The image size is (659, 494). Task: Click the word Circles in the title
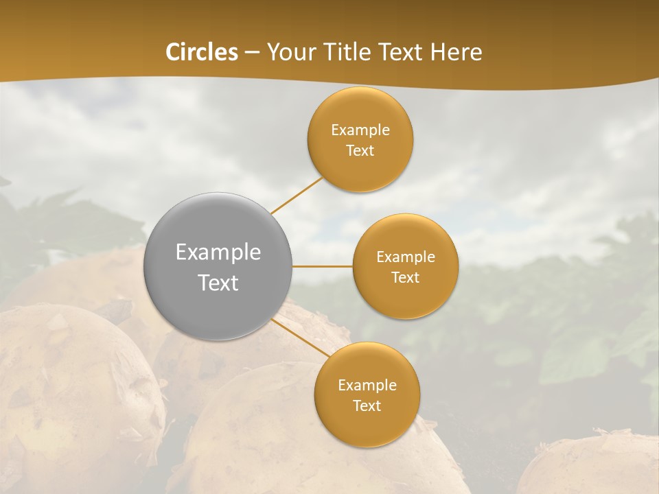202,52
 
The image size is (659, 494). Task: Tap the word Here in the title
456,52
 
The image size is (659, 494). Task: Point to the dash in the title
252,53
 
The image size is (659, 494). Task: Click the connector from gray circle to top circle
297,195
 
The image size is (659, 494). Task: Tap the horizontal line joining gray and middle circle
323,266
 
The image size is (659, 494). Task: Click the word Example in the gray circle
218,252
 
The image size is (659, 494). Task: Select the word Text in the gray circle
218,283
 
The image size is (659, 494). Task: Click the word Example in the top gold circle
360,130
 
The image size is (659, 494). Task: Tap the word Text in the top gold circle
360,150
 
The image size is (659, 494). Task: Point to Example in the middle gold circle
406,257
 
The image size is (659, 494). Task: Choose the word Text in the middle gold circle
406,277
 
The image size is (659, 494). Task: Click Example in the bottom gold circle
367,385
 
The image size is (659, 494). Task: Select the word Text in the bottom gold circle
367,405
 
